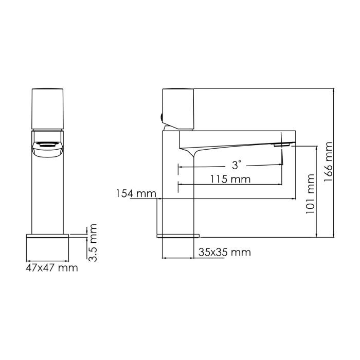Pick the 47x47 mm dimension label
52,267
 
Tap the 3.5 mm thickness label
93,242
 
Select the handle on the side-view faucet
178,108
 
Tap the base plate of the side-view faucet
177,236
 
